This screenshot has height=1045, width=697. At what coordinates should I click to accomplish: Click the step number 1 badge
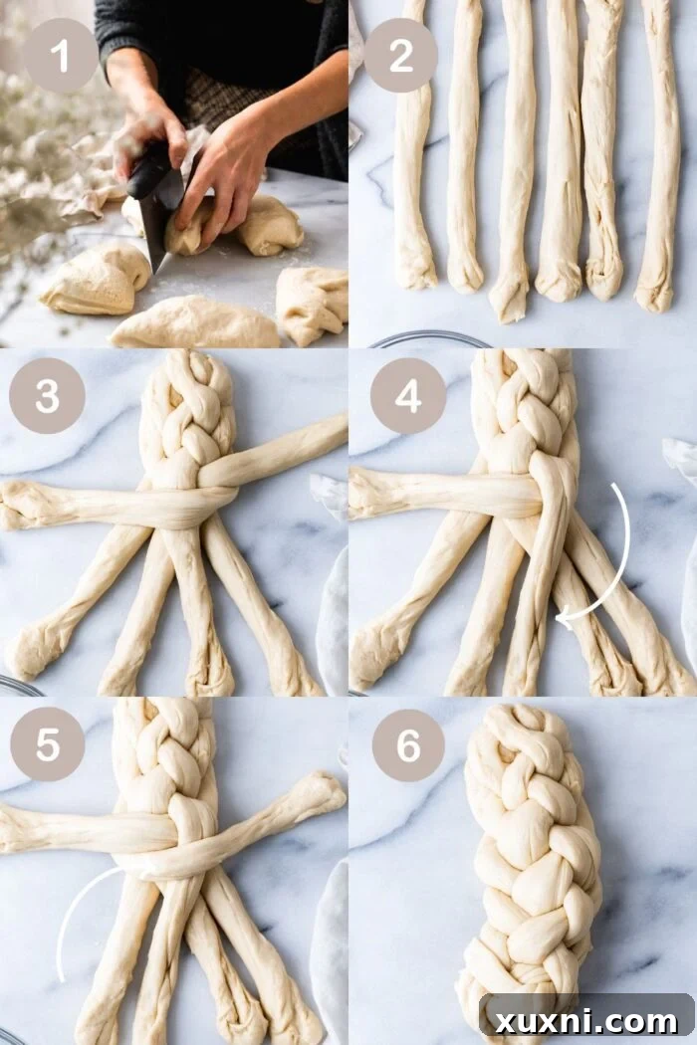(x=61, y=56)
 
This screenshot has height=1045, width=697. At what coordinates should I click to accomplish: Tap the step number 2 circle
(x=401, y=56)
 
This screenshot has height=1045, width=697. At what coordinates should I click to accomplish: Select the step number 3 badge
(x=47, y=396)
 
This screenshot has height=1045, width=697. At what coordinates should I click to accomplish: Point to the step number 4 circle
(x=408, y=396)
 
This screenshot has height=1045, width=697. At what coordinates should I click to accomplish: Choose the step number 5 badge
(x=47, y=743)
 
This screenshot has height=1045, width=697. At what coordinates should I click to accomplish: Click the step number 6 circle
(x=408, y=743)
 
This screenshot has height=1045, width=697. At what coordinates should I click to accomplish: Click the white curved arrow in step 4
(x=609, y=557)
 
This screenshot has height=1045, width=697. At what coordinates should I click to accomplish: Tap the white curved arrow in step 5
(x=75, y=916)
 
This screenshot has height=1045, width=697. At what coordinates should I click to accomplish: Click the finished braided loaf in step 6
(x=533, y=856)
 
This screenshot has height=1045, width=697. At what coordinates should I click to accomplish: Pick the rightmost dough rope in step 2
(x=658, y=149)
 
